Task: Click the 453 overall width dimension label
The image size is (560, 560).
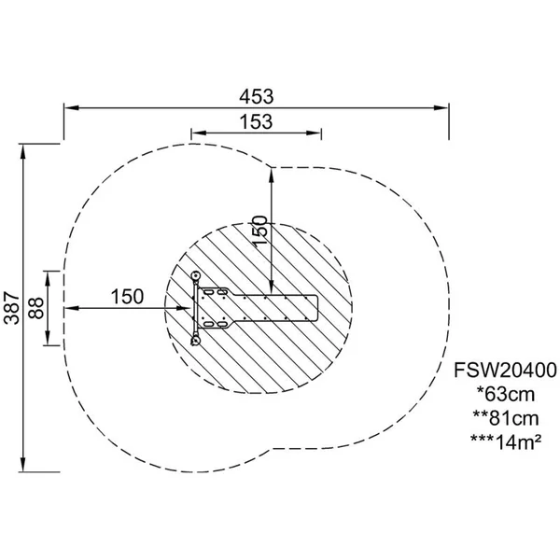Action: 257,96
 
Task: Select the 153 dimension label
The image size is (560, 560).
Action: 256,121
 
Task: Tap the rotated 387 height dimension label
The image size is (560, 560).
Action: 11,308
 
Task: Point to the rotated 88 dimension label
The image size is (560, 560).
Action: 36,308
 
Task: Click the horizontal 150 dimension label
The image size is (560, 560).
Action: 127,297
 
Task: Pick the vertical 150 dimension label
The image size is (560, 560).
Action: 260,230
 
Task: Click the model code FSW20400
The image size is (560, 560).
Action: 505,370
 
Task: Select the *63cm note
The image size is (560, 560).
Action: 506,394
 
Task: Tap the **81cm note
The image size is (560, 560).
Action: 506,418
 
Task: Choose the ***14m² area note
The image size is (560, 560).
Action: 506,442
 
